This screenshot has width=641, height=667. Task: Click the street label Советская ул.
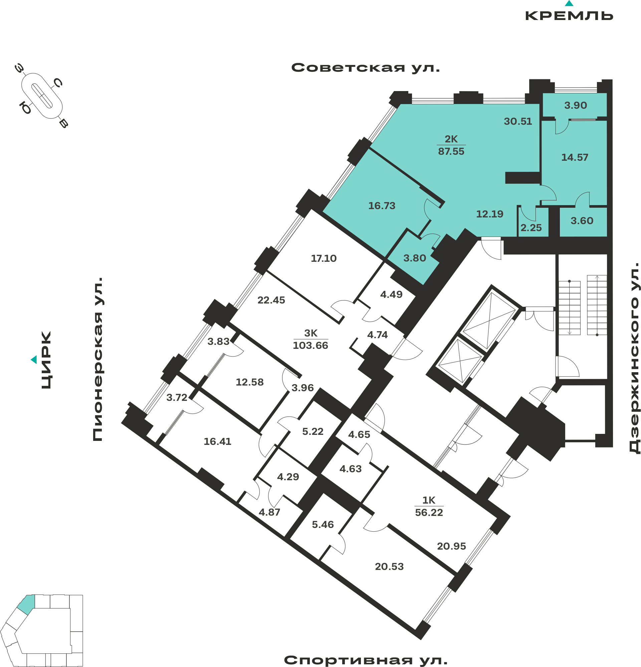(x=366, y=68)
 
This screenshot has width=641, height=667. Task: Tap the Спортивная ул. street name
(x=366, y=660)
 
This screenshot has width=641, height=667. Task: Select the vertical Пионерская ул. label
(x=98, y=360)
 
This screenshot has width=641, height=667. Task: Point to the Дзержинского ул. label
(x=635, y=358)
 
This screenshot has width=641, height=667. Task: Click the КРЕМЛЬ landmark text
(x=569, y=16)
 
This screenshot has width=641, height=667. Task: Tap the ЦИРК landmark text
(x=46, y=360)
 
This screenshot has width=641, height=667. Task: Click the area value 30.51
(x=518, y=121)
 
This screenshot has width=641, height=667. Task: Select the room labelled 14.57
(x=575, y=157)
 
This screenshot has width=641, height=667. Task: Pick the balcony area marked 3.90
(x=576, y=105)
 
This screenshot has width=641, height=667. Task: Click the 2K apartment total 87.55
(x=451, y=151)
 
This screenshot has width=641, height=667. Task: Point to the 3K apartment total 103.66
(x=310, y=346)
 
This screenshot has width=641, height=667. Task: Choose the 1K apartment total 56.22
(x=429, y=512)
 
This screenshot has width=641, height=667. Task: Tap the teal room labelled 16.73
(x=382, y=206)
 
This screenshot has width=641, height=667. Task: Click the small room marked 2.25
(x=531, y=228)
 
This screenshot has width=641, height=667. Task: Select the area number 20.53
(x=389, y=567)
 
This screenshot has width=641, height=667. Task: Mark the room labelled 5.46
(x=323, y=525)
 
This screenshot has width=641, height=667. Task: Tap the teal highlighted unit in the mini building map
(x=27, y=604)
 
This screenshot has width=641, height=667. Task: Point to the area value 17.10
(x=324, y=259)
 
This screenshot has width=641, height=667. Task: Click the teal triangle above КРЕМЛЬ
(x=569, y=4)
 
